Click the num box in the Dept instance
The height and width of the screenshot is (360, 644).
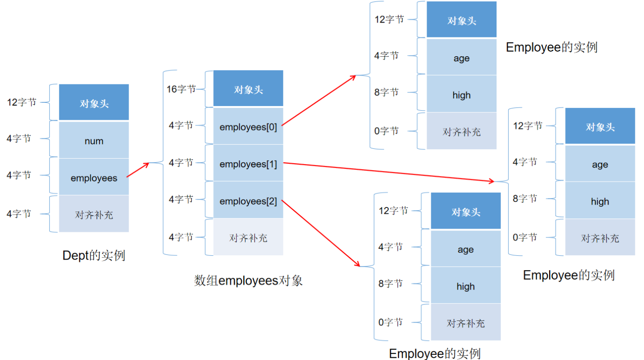coord(94,140)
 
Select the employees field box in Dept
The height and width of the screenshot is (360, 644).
coord(94,177)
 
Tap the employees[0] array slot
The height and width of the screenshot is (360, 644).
coord(248,127)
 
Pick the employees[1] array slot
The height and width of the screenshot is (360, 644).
coord(248,164)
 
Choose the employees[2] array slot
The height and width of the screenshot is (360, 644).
coord(248,201)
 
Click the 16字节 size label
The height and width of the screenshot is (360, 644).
coord(181,89)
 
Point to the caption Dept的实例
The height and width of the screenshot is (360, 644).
coord(94,255)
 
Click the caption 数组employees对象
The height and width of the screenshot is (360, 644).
coord(248,280)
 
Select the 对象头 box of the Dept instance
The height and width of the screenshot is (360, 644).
coord(94,103)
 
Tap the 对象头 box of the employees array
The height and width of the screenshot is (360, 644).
coord(248,89)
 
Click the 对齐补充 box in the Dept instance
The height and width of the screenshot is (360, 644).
coord(94,214)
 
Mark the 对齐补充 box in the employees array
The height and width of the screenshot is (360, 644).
coord(248,237)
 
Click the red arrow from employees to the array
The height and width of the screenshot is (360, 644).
coord(138,170)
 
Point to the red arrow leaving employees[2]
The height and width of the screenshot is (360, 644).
coord(320,233)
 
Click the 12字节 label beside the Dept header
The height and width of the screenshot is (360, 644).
coord(22,102)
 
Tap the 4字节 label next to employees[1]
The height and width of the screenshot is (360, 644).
coord(181,162)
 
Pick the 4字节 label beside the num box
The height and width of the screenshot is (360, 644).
coord(19,138)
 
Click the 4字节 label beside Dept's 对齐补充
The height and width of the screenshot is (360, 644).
coord(19,213)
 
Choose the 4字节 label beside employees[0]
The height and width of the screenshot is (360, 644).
coord(181,125)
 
